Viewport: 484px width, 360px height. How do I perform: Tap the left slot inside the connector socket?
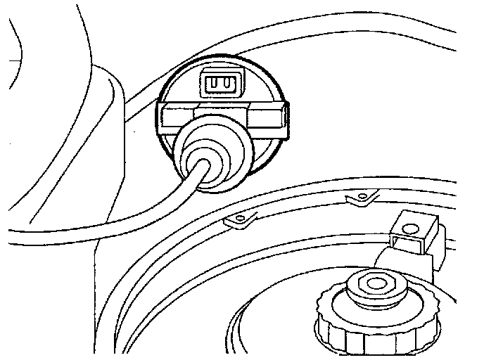click(213, 84)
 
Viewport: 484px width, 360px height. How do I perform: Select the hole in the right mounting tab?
click(362, 195)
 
